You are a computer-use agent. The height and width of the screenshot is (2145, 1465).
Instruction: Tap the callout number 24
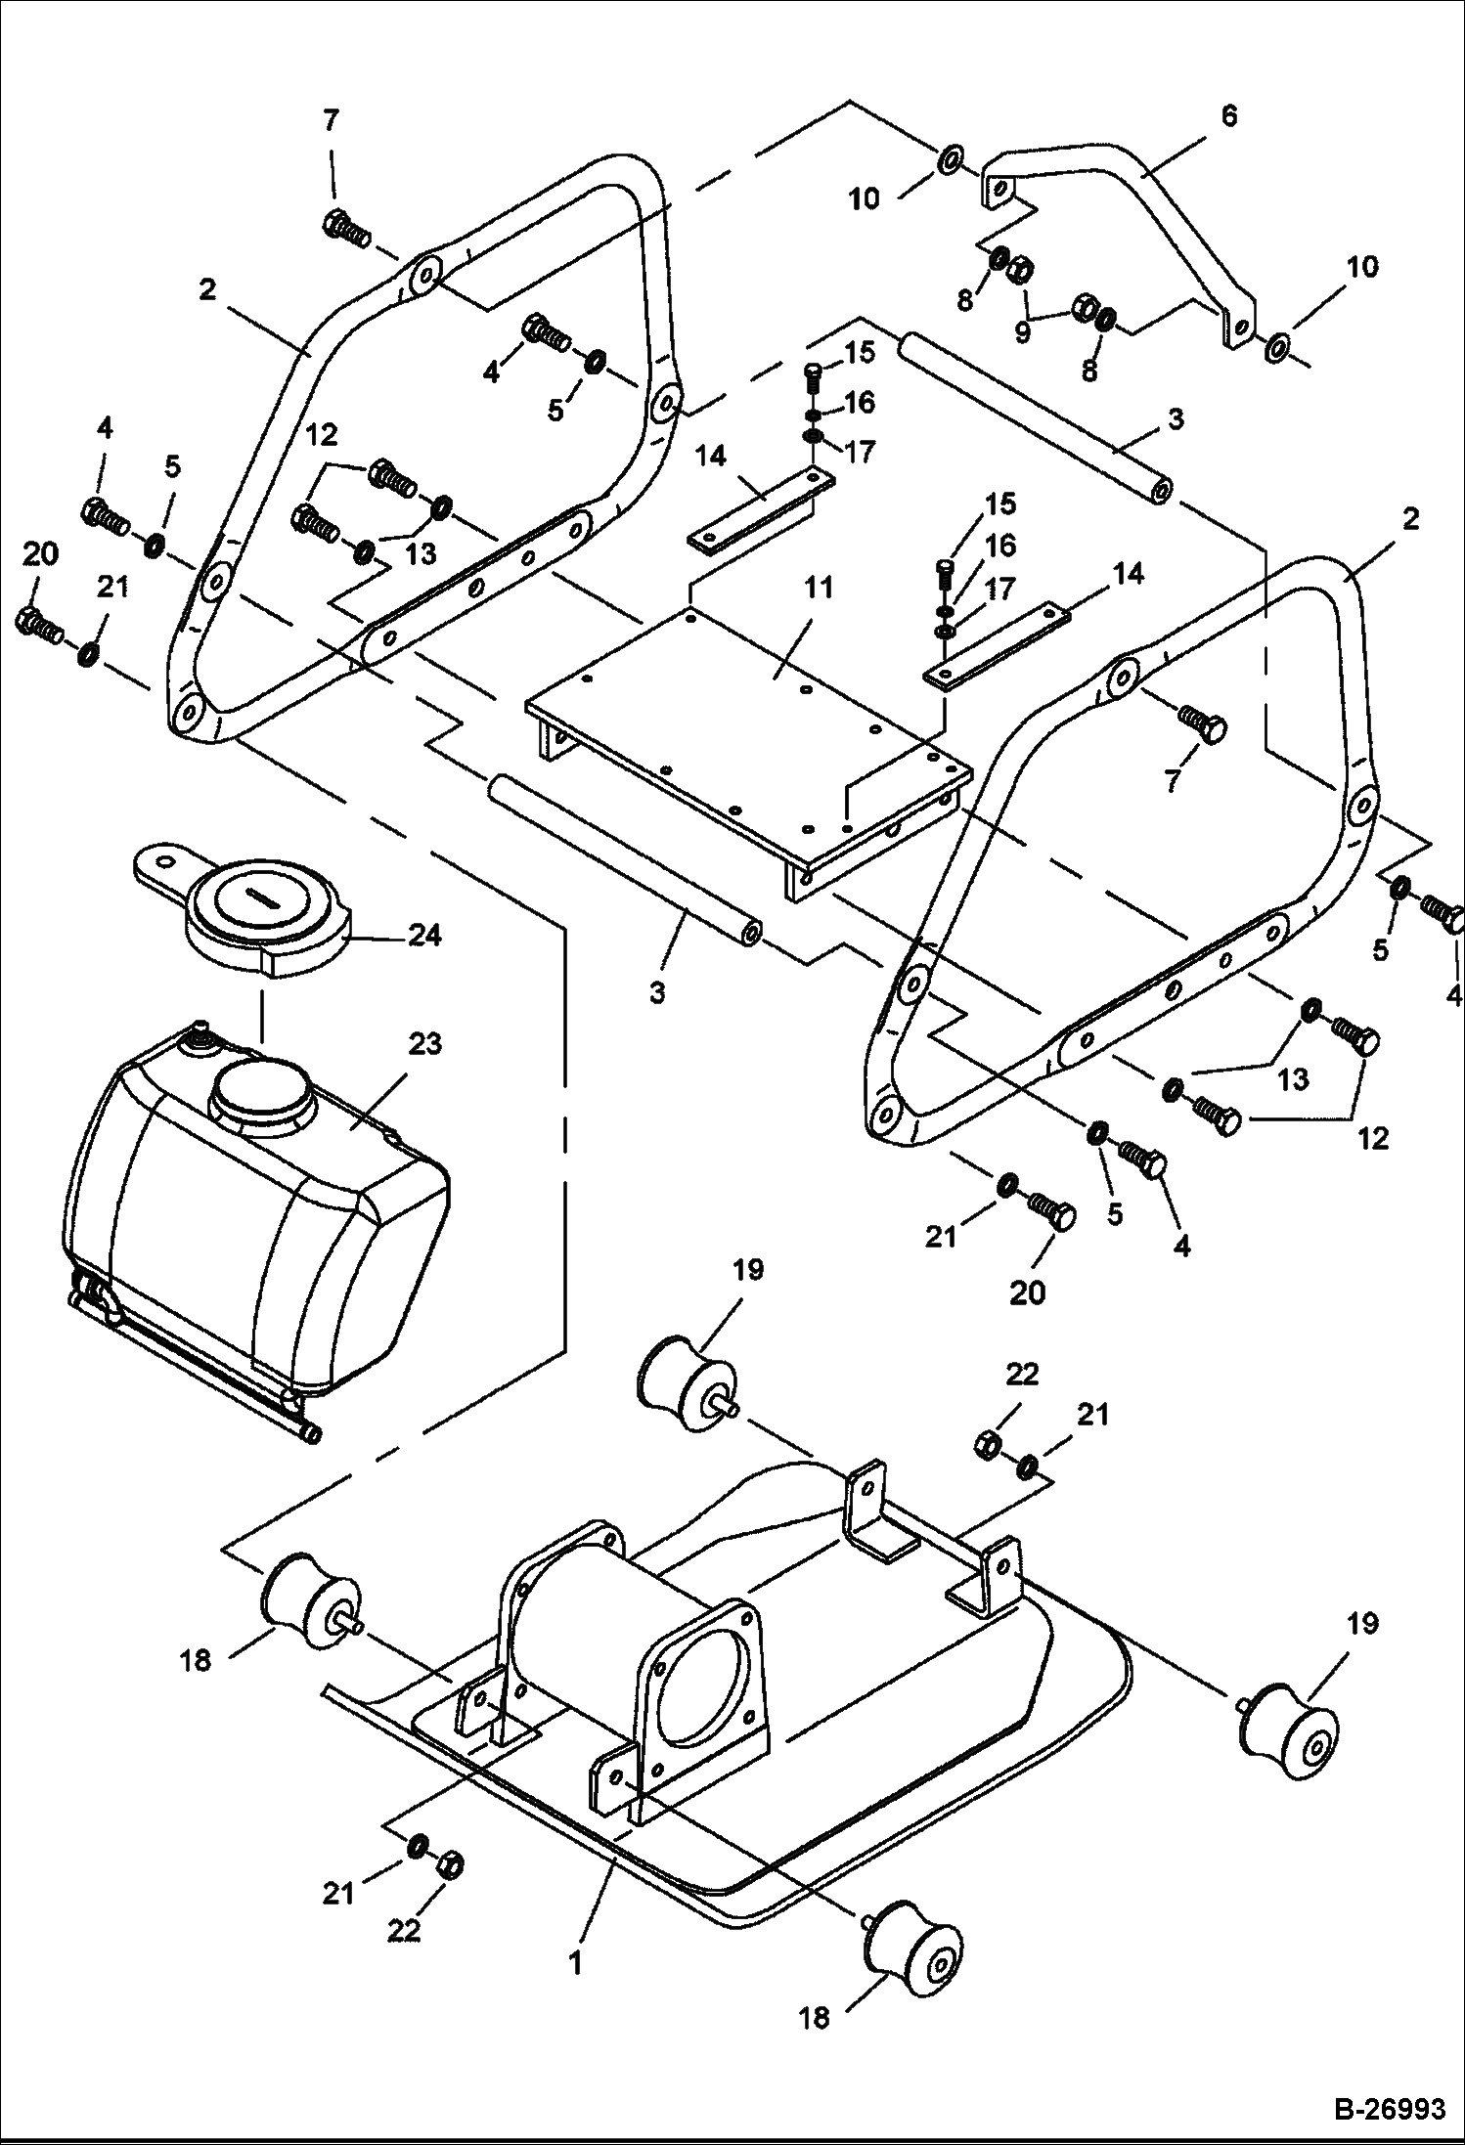click(424, 936)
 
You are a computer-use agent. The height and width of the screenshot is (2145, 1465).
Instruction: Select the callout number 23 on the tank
click(424, 1044)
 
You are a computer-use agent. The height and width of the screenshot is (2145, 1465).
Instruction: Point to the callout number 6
click(1228, 115)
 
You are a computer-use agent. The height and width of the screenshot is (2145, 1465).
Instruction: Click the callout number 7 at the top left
click(331, 120)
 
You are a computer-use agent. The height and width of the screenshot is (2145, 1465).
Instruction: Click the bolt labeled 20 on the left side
click(39, 624)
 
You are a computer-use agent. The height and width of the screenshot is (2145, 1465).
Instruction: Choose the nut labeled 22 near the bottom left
click(450, 1865)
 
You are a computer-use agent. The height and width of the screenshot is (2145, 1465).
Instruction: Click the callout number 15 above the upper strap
click(861, 352)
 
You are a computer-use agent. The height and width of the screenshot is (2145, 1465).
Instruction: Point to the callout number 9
click(1022, 332)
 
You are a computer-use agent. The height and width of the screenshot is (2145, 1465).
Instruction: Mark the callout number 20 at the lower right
click(1027, 1292)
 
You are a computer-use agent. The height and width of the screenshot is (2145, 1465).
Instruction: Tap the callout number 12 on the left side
click(324, 433)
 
